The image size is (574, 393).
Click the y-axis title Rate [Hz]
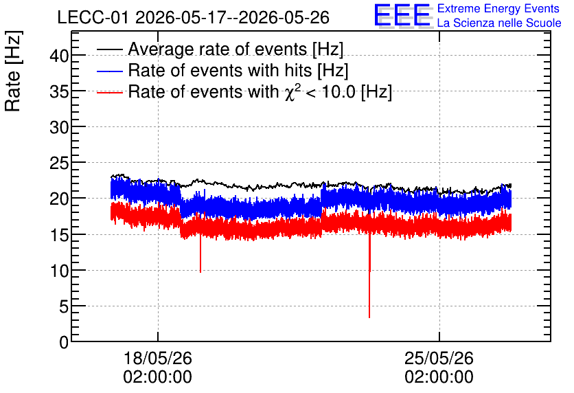13,71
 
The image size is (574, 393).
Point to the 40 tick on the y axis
59,56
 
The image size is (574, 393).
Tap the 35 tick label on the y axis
59,92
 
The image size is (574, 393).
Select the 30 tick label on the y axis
59,128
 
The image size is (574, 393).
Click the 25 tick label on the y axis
59,164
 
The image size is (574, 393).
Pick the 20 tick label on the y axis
59,199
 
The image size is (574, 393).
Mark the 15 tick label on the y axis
59,235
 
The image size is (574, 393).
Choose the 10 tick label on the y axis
59,271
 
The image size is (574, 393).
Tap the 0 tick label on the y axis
64,342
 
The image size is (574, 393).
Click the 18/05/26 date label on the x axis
157,358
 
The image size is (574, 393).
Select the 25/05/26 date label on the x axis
439,358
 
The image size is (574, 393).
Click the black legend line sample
109,49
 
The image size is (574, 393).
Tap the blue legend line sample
109,71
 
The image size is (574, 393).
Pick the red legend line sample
109,92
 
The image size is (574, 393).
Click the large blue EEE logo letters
402,15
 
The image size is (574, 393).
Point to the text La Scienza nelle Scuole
499,23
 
